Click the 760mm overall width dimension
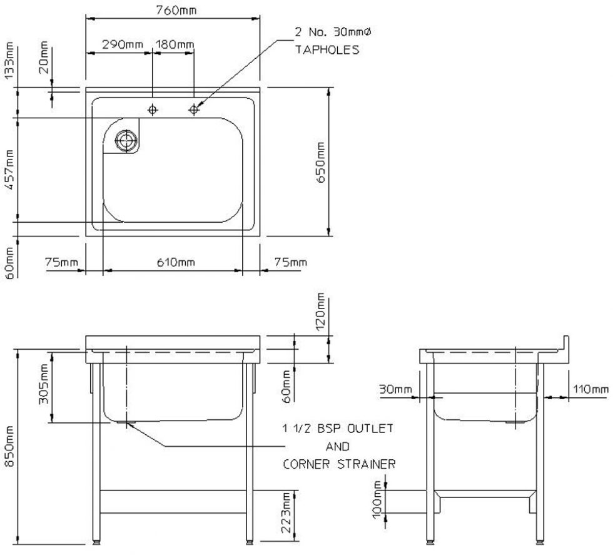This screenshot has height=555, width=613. click(x=173, y=11)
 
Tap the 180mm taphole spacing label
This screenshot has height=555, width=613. click(x=175, y=44)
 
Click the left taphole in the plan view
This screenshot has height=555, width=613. click(x=153, y=110)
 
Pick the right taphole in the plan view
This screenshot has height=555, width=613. click(x=194, y=110)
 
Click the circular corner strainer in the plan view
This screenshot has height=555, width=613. click(x=126, y=140)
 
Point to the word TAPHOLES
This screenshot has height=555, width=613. click(x=327, y=49)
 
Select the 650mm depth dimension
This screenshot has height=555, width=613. click(x=320, y=162)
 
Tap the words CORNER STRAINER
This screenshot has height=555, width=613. click(x=340, y=465)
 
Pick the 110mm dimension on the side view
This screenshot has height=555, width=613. click(x=590, y=390)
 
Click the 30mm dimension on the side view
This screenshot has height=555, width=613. click(x=395, y=390)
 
